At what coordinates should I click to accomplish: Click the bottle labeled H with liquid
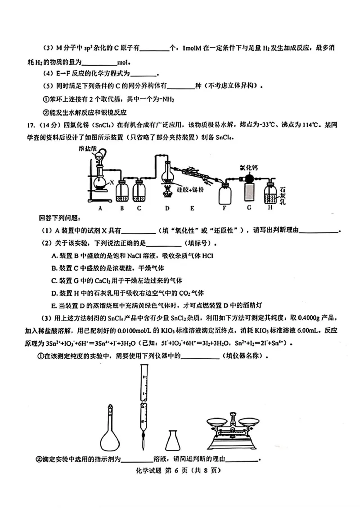click(270, 192)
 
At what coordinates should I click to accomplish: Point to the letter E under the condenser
click(192, 209)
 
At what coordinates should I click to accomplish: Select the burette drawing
click(143, 405)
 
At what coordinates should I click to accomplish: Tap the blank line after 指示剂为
click(137, 460)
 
